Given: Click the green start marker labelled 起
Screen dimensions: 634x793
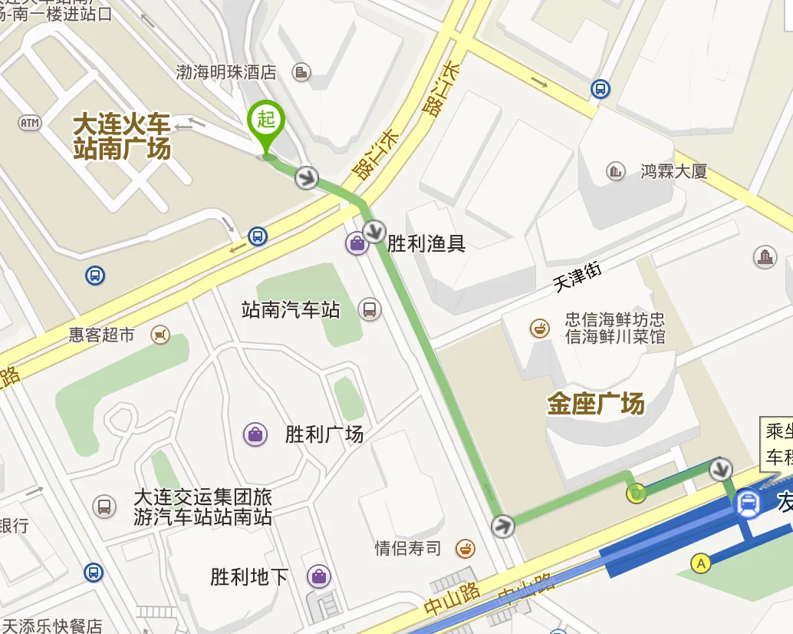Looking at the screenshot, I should [x=266, y=121].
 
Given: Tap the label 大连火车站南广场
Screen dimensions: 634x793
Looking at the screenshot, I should [x=122, y=136].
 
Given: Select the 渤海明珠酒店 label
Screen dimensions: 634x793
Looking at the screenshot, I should [x=225, y=72].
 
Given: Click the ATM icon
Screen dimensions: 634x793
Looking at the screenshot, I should [x=29, y=123].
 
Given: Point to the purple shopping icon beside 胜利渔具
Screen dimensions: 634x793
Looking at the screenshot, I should [x=357, y=244].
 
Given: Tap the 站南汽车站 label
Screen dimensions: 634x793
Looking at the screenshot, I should [x=291, y=310].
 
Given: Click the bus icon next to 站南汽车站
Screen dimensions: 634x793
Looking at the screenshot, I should [x=370, y=309].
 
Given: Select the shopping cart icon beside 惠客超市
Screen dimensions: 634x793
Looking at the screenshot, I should [x=160, y=335].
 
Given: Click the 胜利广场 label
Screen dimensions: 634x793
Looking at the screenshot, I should [x=324, y=434].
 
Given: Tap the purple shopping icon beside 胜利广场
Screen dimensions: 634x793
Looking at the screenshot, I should [x=255, y=434].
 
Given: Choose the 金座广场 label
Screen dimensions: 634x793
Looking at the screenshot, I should [x=596, y=404].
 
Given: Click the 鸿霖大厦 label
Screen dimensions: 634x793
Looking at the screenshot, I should [x=673, y=171].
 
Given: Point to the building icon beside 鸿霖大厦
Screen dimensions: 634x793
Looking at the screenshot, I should [x=615, y=171].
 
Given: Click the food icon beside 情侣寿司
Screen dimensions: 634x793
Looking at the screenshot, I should [x=465, y=548].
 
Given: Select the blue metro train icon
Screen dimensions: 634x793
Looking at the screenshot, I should [x=748, y=504].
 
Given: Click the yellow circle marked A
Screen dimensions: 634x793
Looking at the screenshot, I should [x=700, y=563].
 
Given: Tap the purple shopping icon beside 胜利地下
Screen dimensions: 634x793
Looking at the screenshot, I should [x=318, y=576].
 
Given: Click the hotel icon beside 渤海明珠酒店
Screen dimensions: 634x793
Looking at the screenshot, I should [x=302, y=72].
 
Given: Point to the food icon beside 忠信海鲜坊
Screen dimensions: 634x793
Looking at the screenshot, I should [x=540, y=329].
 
